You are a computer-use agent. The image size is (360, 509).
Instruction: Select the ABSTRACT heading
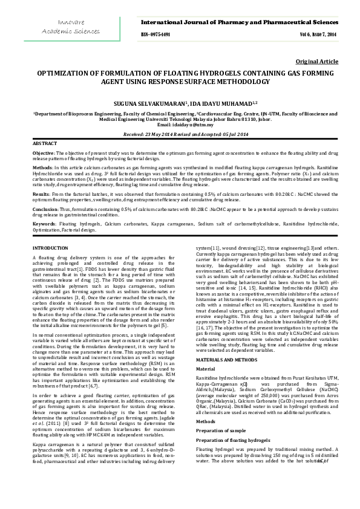[45, 143]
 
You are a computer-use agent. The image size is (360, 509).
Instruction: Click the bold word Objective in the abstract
[43, 154]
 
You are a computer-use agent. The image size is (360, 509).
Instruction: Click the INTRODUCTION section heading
[51, 248]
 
